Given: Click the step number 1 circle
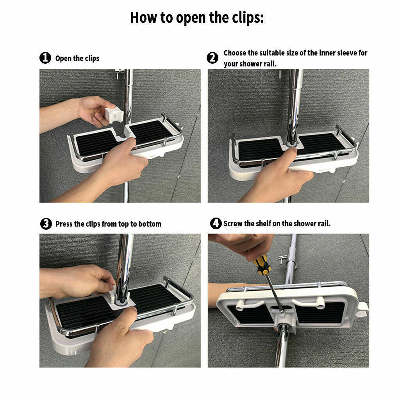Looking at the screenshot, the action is [x=45, y=58].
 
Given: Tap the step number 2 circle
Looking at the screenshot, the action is [x=212, y=58].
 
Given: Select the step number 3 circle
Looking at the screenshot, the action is [x=46, y=224].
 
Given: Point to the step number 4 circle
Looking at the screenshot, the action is [x=216, y=223].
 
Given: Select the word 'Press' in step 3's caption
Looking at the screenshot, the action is [x=64, y=224].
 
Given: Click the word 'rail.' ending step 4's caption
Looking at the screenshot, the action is [x=324, y=223].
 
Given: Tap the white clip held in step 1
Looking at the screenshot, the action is [x=114, y=115].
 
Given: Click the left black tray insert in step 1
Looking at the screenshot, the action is [x=96, y=143].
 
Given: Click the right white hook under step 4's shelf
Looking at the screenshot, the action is [x=309, y=303].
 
